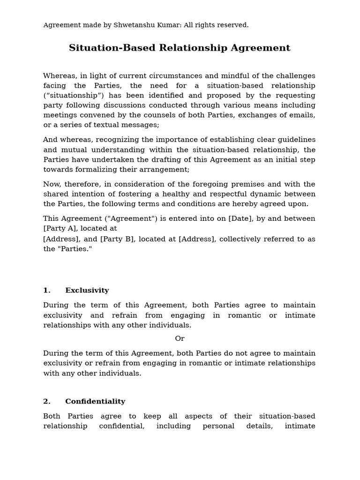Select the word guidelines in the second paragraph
(294, 140)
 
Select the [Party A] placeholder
(59, 229)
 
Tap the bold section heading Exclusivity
(87, 291)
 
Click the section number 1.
(46, 291)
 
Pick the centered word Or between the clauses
(180, 338)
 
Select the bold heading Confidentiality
(95, 402)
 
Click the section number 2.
(46, 402)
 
